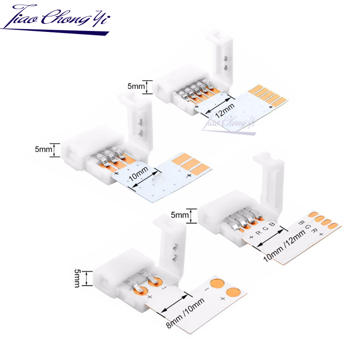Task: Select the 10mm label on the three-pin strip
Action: [139, 174]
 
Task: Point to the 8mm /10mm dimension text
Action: [185, 313]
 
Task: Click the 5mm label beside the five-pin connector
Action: [136, 86]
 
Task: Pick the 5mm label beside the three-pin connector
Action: [44, 149]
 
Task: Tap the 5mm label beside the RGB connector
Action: [180, 215]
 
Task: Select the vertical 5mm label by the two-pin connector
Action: [76, 278]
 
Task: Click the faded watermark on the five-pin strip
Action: [229, 123]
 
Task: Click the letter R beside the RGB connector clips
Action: [259, 233]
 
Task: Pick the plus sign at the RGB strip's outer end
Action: [321, 234]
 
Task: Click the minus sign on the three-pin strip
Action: [131, 189]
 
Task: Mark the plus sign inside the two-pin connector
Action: [150, 297]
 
